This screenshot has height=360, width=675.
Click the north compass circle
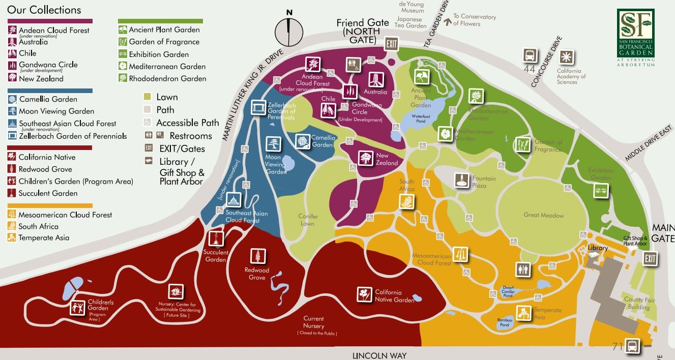(289, 32)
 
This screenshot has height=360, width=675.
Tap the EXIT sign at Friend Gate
(391, 44)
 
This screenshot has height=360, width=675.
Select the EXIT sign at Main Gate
(650, 258)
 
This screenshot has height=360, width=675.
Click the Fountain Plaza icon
(462, 180)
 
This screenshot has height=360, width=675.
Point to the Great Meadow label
(544, 215)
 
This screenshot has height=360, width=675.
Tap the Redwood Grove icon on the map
(258, 256)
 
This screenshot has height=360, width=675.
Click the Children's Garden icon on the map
(78, 308)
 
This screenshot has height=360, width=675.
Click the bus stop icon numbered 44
(530, 55)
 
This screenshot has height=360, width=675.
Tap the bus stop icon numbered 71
(632, 345)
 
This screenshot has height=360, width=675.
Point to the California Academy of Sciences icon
(566, 56)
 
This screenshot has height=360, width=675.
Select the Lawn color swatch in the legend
(148, 97)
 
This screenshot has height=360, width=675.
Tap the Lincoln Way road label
(379, 355)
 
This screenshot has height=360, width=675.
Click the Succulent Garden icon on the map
(216, 238)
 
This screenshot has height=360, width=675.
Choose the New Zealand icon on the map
(366, 159)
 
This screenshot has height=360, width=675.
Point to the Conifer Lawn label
(308, 220)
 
